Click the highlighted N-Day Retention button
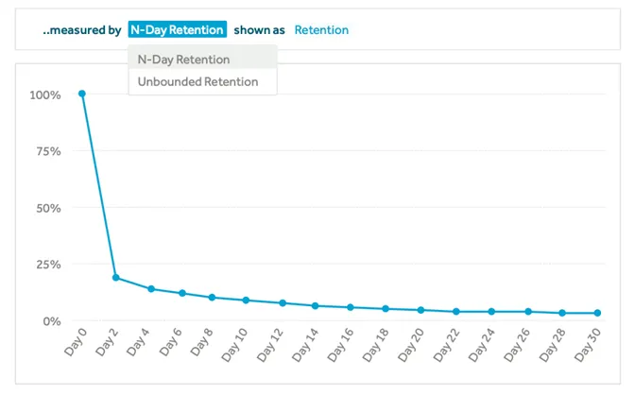coord(178,29)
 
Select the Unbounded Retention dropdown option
coord(198,82)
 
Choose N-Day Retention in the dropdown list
coord(184,60)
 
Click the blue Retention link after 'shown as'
coord(321,30)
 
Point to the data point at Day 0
coord(82,94)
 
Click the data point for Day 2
coord(116,278)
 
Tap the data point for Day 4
coord(151,289)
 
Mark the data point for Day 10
coord(246,301)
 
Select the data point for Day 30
coord(598,313)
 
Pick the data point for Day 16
coord(351,307)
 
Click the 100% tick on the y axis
coord(45,95)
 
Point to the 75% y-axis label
coord(48,151)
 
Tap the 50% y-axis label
coord(48,208)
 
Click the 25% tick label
coord(48,265)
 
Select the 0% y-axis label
coord(52,321)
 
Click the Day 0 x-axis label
coord(76,341)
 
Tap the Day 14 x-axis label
coord(305,345)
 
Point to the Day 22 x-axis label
coord(446,345)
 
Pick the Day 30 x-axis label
coord(588,345)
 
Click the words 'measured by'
coord(85,30)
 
